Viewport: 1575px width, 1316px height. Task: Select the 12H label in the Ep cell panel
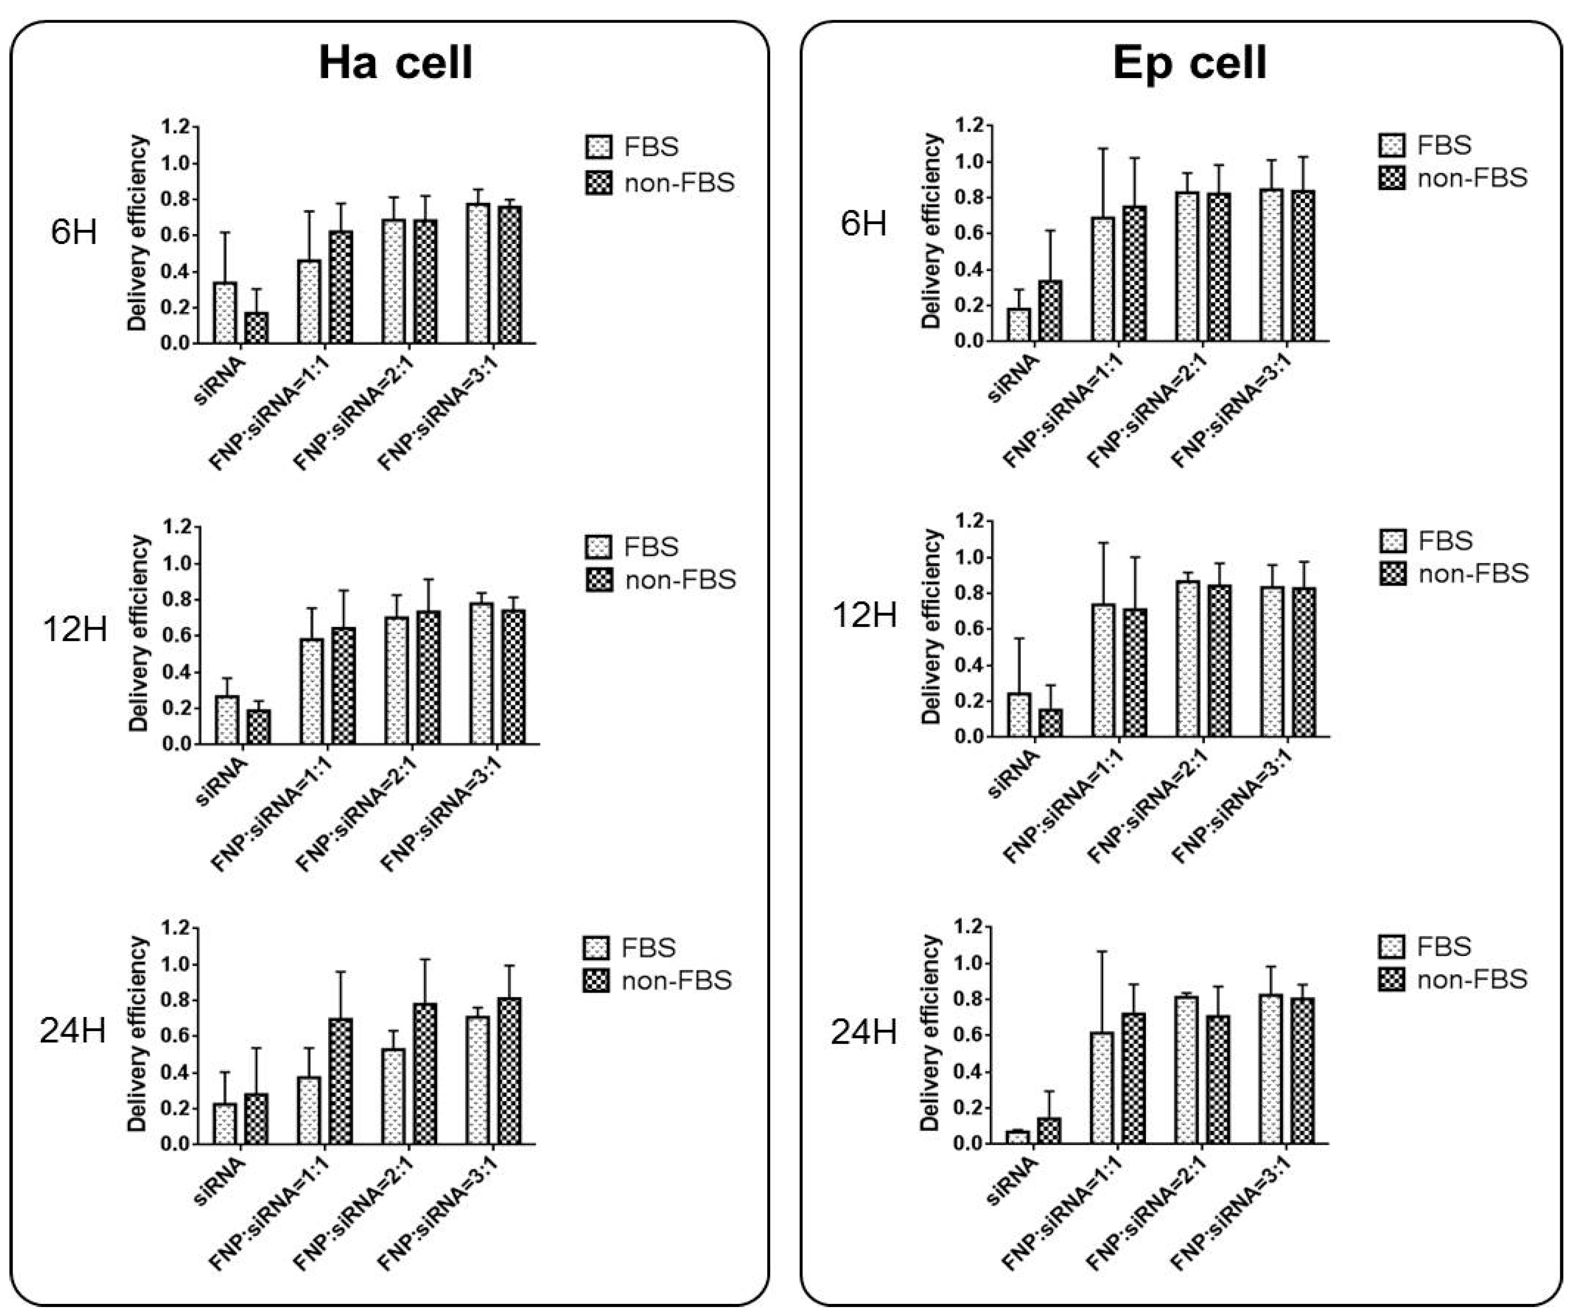tap(865, 615)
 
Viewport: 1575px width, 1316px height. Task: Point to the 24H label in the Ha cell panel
tap(73, 1032)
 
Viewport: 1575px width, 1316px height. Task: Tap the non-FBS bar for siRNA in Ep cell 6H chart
tap(1049, 311)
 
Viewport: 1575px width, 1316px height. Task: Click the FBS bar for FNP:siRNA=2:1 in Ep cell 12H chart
tap(1187, 659)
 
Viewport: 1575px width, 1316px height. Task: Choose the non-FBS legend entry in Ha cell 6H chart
tap(660, 182)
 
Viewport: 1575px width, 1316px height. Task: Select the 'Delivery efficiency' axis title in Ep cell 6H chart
tap(931, 233)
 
